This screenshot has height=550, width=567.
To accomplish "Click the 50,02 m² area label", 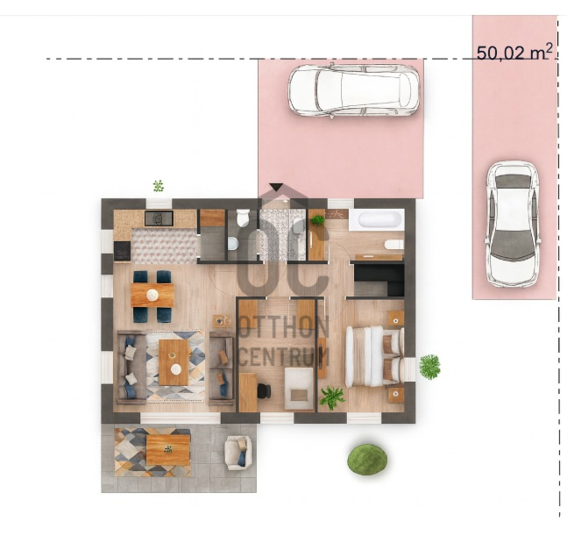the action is pos(514,53).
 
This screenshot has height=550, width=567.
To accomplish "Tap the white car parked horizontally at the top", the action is pos(354,90).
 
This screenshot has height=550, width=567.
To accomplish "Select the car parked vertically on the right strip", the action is pos(513,224).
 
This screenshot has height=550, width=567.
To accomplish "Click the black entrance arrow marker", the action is pos(276,187).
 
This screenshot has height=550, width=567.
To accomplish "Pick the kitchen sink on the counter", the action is pos(159,218).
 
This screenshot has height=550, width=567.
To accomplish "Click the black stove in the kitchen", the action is pos(122,251).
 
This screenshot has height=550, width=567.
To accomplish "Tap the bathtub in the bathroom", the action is pos(379,219).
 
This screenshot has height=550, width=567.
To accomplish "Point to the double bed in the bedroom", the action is pos(374,356).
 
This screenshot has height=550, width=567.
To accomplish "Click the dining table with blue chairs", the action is pos(152,296).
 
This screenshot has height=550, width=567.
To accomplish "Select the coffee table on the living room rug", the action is pos(174,362).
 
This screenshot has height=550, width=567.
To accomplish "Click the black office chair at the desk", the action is pos(265,390).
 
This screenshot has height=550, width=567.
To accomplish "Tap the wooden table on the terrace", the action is pos(168,450).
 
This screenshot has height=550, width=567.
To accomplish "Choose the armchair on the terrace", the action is pos(238,453).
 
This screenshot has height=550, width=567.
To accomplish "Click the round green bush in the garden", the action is pos(367,459).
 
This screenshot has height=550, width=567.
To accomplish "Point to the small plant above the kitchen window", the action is pos(159,186).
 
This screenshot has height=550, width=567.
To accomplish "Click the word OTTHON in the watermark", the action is pos(284,327).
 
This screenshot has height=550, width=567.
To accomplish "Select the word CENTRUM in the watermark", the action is pos(284,356).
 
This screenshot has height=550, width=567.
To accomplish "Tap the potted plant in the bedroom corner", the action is pos(332,397).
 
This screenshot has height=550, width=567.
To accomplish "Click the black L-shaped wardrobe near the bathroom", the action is pos(379,279).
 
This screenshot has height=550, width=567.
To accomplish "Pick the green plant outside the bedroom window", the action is pos(430,367).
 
